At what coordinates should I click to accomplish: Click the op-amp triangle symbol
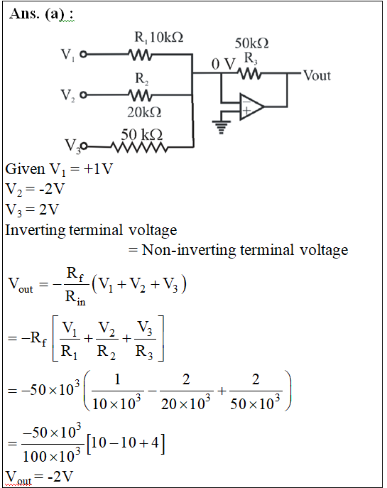pos(251,107)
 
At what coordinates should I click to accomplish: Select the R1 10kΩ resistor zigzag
pos(140,55)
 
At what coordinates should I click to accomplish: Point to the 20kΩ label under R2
pos(144,112)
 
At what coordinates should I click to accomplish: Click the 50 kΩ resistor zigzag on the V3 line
pos(139,147)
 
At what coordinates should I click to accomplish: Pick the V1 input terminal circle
pos(83,55)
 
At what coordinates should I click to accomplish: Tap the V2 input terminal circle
pos(83,95)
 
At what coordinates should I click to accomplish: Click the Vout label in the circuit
pos(317,75)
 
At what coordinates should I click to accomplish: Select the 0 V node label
pos(224,65)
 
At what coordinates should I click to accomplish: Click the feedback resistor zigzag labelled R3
pos(249,74)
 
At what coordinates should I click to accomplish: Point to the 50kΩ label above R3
pos(251,43)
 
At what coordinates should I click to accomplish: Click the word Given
pos(25,169)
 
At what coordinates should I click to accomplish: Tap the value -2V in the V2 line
pos(52,189)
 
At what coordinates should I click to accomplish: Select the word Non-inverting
pos(188,250)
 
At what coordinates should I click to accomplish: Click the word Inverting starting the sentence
pos(36,231)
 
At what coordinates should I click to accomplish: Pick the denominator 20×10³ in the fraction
pos(186,403)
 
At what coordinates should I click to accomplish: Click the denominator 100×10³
pos(52,456)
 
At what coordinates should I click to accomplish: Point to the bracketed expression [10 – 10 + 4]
pos(126,443)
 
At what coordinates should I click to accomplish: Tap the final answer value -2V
pos(60,477)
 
